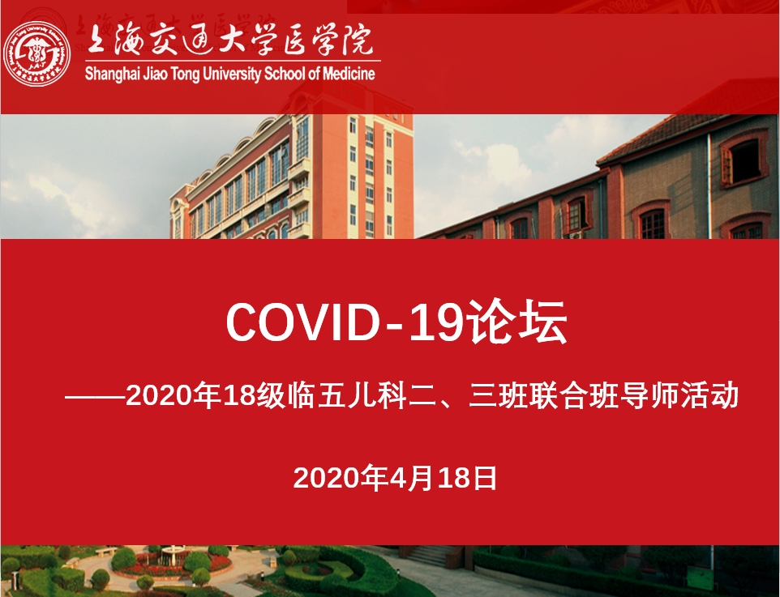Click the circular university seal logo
36,53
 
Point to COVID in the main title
303,322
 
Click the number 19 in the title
436,322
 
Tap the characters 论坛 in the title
516,321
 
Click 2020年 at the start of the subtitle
174,395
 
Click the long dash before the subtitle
95,397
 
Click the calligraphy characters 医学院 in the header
328,40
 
